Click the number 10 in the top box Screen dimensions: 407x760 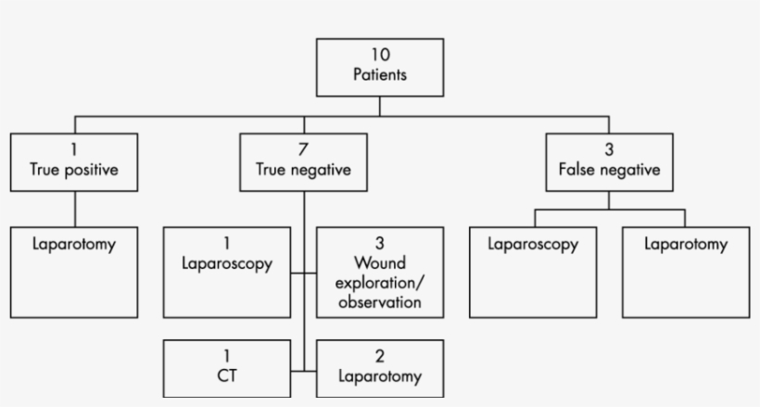(379, 56)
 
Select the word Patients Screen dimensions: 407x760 (379, 75)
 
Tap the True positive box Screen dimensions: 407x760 (74, 162)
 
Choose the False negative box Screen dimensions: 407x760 (608, 162)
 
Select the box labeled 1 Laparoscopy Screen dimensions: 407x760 (227, 272)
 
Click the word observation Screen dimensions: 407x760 (379, 303)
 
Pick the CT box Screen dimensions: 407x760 (227, 368)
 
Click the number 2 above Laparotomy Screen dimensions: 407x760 (379, 356)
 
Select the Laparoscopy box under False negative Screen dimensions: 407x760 (533, 272)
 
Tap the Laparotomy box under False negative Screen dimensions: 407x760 (685, 272)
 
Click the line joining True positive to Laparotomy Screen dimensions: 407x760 (74, 209)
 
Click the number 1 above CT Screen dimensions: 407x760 (227, 356)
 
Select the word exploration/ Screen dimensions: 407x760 (379, 284)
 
